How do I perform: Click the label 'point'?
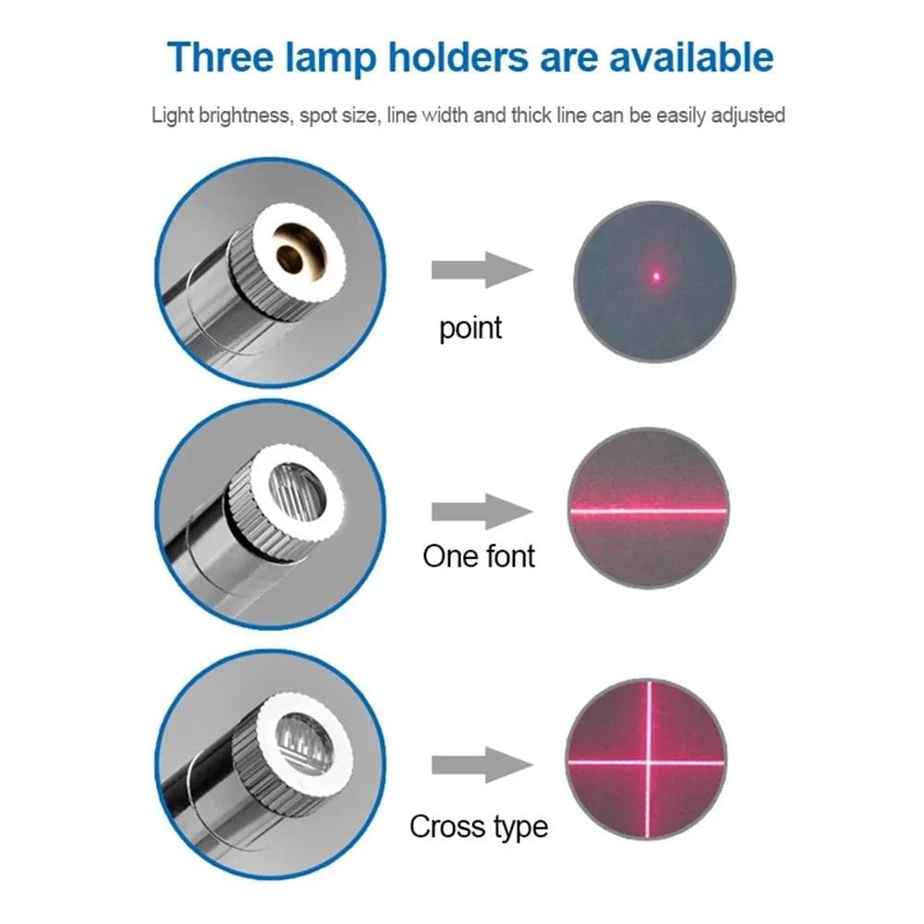[470, 328]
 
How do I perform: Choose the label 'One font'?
[479, 555]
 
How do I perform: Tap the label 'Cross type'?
[479, 825]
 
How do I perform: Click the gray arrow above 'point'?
[481, 271]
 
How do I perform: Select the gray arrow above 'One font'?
[481, 511]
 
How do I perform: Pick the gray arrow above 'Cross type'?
[481, 765]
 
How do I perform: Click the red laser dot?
[657, 274]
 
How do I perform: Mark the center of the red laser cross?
[648, 761]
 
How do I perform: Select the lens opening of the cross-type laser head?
[306, 742]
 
